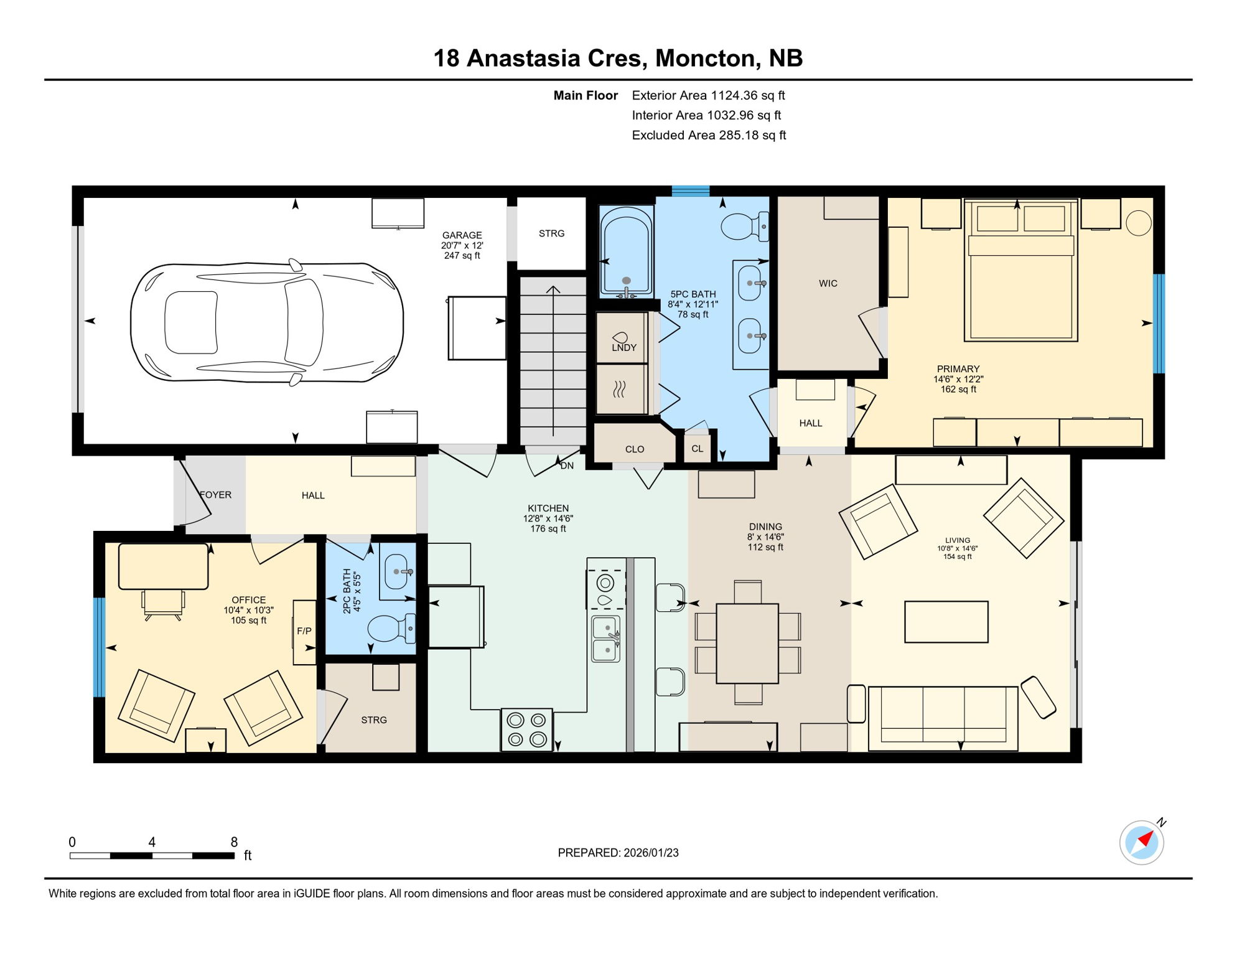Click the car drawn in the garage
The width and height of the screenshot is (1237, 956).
pyautogui.click(x=266, y=322)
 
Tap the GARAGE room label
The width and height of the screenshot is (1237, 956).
pyautogui.click(x=462, y=235)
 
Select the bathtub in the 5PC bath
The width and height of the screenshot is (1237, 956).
pyautogui.click(x=626, y=252)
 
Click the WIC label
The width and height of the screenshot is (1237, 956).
pyautogui.click(x=828, y=283)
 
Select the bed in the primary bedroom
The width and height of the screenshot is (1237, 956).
pyautogui.click(x=1020, y=271)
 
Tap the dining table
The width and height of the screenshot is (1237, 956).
pyautogui.click(x=747, y=644)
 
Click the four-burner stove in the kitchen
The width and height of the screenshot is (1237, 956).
pyautogui.click(x=526, y=729)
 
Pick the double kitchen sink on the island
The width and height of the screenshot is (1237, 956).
pyautogui.click(x=605, y=639)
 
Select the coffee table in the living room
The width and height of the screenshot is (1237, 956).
pyautogui.click(x=946, y=621)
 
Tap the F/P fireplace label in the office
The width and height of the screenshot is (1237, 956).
pyautogui.click(x=304, y=631)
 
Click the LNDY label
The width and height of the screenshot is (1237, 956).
pyautogui.click(x=623, y=347)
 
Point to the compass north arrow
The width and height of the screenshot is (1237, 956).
pyautogui.click(x=1144, y=841)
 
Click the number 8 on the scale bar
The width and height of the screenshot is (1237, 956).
pyautogui.click(x=234, y=842)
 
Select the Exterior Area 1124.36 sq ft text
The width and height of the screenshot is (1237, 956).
pyautogui.click(x=708, y=95)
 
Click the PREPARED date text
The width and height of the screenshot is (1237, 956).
pyautogui.click(x=618, y=853)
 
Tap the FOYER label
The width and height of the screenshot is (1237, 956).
pyautogui.click(x=216, y=495)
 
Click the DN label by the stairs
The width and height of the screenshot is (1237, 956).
pyautogui.click(x=567, y=466)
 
